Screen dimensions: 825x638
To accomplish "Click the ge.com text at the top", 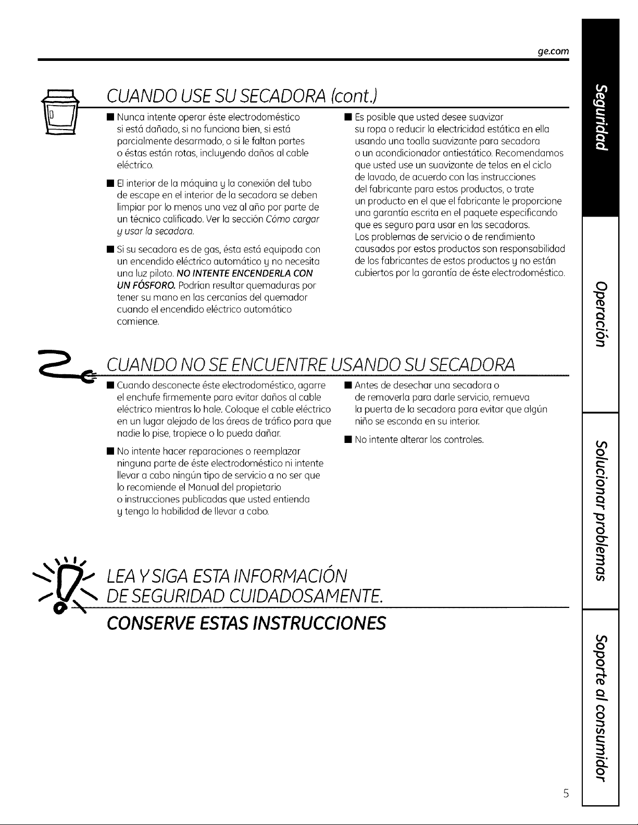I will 553,51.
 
